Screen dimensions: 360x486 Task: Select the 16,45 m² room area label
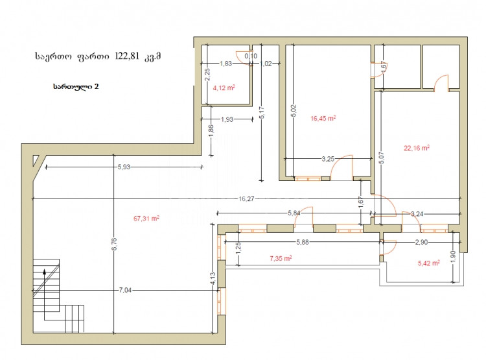tap(322, 118)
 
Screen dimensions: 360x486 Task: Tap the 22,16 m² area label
tap(417, 148)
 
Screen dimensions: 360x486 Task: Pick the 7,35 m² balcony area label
tap(280, 258)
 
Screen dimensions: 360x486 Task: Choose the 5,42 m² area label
tap(429, 263)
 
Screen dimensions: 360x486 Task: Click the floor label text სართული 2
tap(76, 86)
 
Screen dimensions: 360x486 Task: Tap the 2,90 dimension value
tap(421, 242)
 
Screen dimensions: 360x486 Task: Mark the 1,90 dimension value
tap(452, 257)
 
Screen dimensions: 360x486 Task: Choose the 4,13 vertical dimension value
tap(213, 279)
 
